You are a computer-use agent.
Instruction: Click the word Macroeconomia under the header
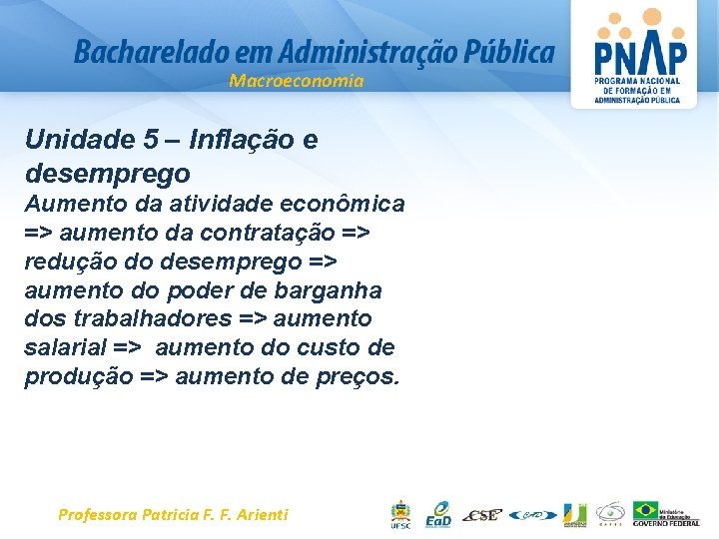296,81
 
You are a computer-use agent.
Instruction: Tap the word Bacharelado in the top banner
136,52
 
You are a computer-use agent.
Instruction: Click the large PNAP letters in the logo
640,53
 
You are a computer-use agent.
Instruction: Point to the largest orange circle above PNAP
652,17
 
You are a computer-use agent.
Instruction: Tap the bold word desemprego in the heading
107,174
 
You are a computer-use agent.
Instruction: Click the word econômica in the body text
347,205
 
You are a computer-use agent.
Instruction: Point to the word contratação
267,234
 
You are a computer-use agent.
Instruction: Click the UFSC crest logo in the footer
399,514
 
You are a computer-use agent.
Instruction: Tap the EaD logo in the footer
438,514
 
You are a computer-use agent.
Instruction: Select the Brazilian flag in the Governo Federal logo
646,510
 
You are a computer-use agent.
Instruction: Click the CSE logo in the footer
483,515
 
